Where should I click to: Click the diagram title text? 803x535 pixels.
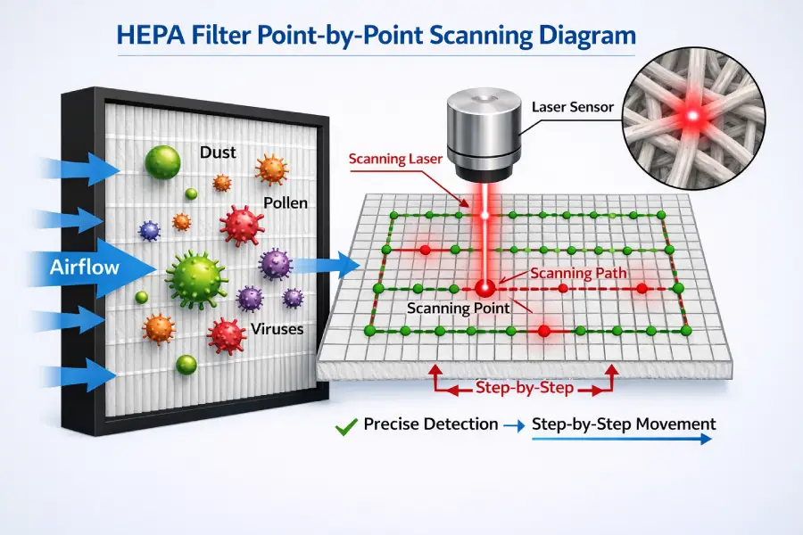[401, 36]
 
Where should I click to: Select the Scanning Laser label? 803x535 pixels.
[393, 160]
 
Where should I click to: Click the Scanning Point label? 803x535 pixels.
[458, 308]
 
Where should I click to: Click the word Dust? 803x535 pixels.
[218, 152]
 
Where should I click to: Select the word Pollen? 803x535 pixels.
[286, 202]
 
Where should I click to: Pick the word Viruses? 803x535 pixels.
[277, 329]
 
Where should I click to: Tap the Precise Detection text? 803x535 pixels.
[431, 424]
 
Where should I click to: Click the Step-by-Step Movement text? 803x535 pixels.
[623, 424]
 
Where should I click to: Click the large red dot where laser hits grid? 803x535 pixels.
[484, 288]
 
